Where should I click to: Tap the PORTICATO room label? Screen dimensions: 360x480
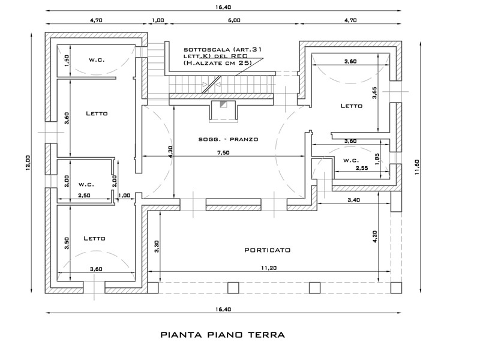coord(267,250)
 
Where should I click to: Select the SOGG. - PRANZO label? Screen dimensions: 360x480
coord(228,139)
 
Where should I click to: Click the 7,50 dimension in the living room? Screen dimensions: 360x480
coord(223,153)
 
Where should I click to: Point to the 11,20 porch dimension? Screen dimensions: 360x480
coord(269,268)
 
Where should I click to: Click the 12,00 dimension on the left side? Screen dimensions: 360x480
coord(27,163)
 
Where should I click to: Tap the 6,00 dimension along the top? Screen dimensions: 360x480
coord(234,20)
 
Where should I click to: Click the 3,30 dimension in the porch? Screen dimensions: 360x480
coord(157,247)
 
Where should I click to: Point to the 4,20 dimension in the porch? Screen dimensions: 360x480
coord(374,236)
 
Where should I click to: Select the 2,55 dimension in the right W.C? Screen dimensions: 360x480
coord(361,169)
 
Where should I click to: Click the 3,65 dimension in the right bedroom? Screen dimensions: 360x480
coord(374,92)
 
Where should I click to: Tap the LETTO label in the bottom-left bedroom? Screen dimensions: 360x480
coord(94,238)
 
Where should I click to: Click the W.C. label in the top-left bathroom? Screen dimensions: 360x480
coord(97,59)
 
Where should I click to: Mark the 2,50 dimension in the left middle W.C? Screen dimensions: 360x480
coord(84,196)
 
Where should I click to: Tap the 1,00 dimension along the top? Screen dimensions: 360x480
coord(158,20)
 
